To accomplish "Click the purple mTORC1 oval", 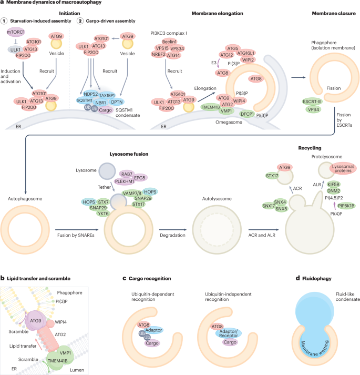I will coord(16,33).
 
